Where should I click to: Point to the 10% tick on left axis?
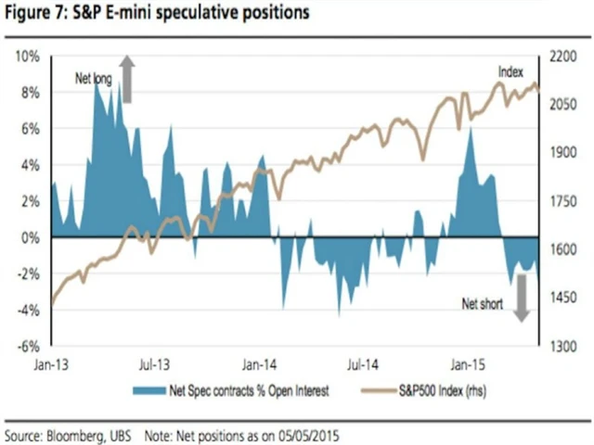click(x=27, y=57)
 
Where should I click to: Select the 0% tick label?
click(x=30, y=238)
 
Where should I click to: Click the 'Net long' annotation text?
click(x=93, y=80)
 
